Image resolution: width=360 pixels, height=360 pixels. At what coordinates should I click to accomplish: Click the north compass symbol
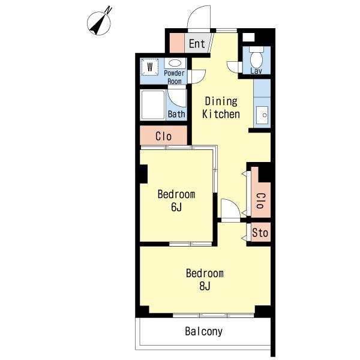pyautogui.click(x=99, y=23)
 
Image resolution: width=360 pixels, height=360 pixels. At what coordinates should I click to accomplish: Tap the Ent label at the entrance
pyautogui.click(x=197, y=44)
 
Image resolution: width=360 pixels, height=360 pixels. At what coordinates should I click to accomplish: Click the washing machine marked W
pyautogui.click(x=150, y=67)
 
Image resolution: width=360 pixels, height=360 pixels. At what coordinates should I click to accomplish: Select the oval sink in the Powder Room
pyautogui.click(x=175, y=63)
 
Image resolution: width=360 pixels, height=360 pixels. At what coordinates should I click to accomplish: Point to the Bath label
pyautogui.click(x=176, y=114)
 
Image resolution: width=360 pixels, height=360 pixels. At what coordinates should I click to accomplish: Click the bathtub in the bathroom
pyautogui.click(x=153, y=105)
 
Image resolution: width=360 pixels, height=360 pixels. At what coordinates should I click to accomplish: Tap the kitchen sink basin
pyautogui.click(x=262, y=115)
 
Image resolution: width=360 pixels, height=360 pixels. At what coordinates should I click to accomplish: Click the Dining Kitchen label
pyautogui.click(x=221, y=107)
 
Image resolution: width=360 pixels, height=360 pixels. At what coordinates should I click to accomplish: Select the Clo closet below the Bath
pyautogui.click(x=163, y=136)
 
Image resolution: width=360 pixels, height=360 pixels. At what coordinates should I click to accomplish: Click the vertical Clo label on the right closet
pyautogui.click(x=261, y=200)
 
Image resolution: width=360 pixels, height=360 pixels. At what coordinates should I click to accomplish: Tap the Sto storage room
pyautogui.click(x=260, y=232)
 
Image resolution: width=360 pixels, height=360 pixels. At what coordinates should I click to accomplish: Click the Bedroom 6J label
pyautogui.click(x=176, y=200)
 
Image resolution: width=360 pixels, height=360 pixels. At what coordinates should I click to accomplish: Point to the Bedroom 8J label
pyautogui.click(x=205, y=280)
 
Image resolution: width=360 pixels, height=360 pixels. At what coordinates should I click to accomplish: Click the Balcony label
pyautogui.click(x=204, y=331)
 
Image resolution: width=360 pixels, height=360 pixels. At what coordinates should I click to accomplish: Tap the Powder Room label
pyautogui.click(x=174, y=77)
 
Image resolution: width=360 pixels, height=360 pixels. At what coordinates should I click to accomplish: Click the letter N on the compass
pyautogui.click(x=109, y=10)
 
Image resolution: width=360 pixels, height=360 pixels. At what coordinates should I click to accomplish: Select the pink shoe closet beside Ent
pyautogui.click(x=177, y=43)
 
